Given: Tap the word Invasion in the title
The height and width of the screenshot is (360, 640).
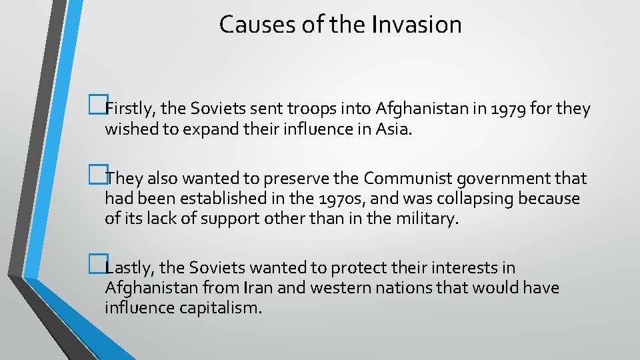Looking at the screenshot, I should [417, 25].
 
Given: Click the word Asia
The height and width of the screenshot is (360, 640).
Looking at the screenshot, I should [395, 128].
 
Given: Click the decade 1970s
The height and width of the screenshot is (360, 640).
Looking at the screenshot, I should [333, 199].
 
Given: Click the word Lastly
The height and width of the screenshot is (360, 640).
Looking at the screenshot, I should [129, 268].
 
